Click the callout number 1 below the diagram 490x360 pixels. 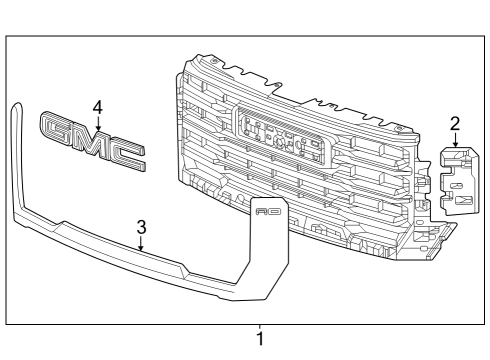pyautogui.click(x=260, y=339)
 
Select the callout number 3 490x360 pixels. pyautogui.click(x=141, y=226)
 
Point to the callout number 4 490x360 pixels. pyautogui.click(x=97, y=106)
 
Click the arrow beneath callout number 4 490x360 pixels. pyautogui.click(x=97, y=121)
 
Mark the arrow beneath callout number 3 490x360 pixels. pyautogui.click(x=141, y=241)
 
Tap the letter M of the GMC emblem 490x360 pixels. pyautogui.click(x=92, y=141)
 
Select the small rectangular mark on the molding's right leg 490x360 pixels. pyautogui.click(x=268, y=212)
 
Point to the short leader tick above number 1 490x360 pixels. pyautogui.click(x=260, y=326)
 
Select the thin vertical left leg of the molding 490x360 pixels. pyautogui.click(x=13, y=160)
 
